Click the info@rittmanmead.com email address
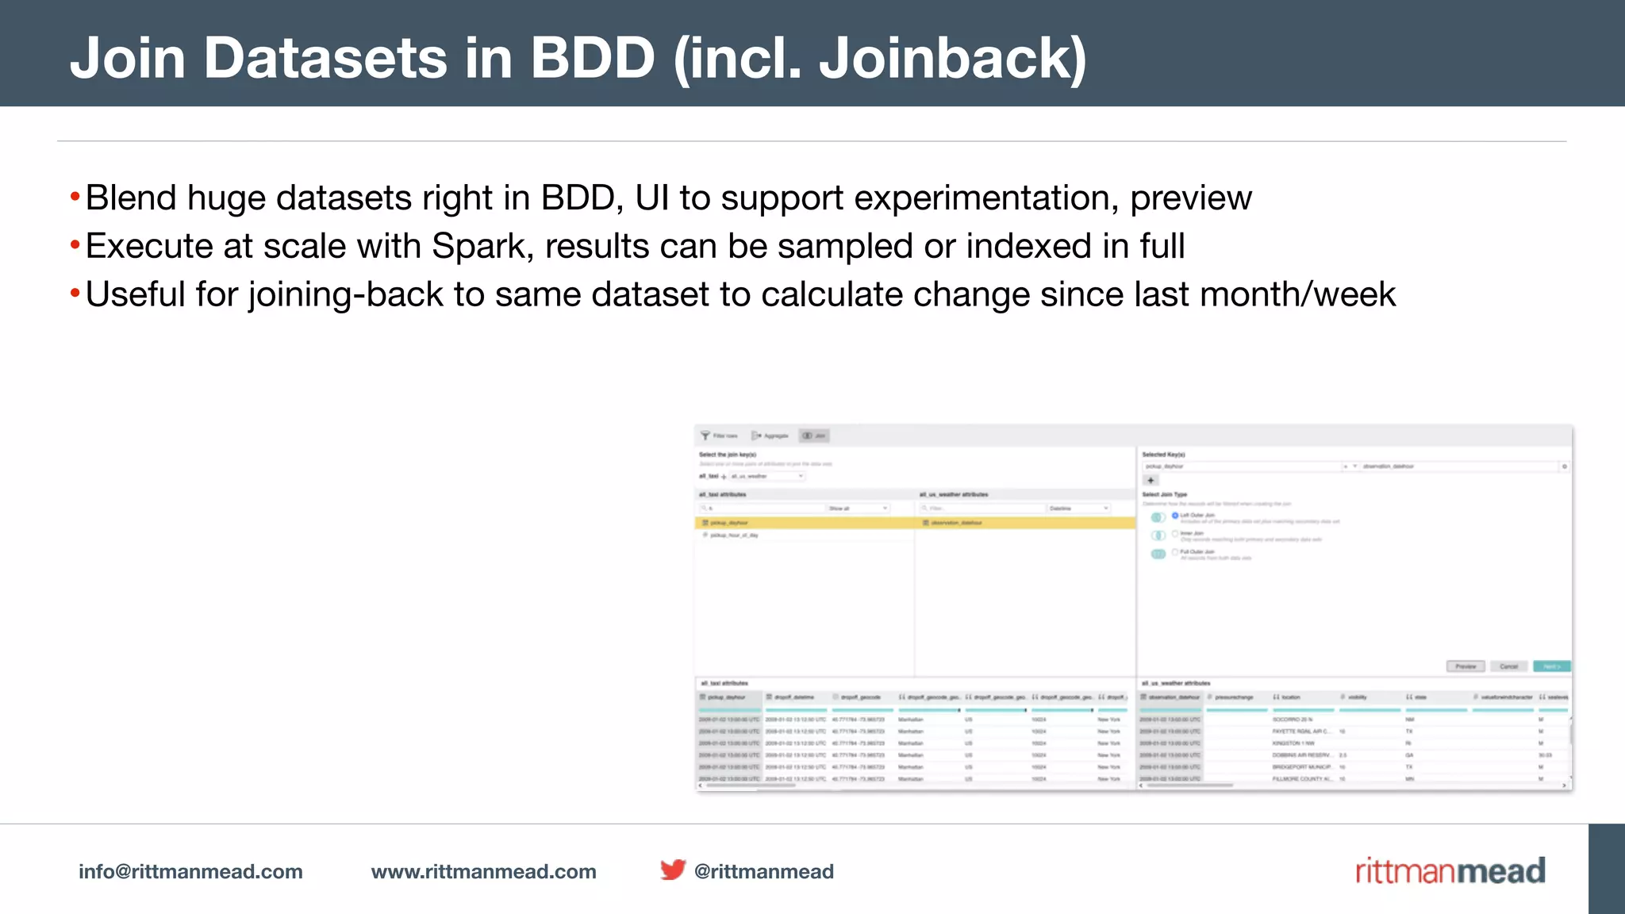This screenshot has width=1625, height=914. pyautogui.click(x=190, y=871)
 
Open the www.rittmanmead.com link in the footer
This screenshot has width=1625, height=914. pyautogui.click(x=483, y=871)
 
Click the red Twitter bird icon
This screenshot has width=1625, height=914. pyautogui.click(x=672, y=870)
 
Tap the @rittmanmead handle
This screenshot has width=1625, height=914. pyautogui.click(x=763, y=871)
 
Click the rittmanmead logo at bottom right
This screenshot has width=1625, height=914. pyautogui.click(x=1450, y=871)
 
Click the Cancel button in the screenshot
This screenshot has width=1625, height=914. pyautogui.click(x=1508, y=666)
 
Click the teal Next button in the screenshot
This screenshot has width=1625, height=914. pyautogui.click(x=1551, y=666)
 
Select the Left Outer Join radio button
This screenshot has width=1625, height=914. pyautogui.click(x=1175, y=516)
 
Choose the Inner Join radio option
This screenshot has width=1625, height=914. pyautogui.click(x=1175, y=534)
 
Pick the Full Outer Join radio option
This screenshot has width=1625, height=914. pyautogui.click(x=1175, y=552)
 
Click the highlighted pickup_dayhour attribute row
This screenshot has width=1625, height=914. pyautogui.click(x=803, y=523)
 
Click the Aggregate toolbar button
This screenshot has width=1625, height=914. pyautogui.click(x=770, y=436)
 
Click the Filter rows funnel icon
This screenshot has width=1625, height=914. pyautogui.click(x=705, y=436)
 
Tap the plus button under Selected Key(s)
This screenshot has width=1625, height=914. pyautogui.click(x=1151, y=480)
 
